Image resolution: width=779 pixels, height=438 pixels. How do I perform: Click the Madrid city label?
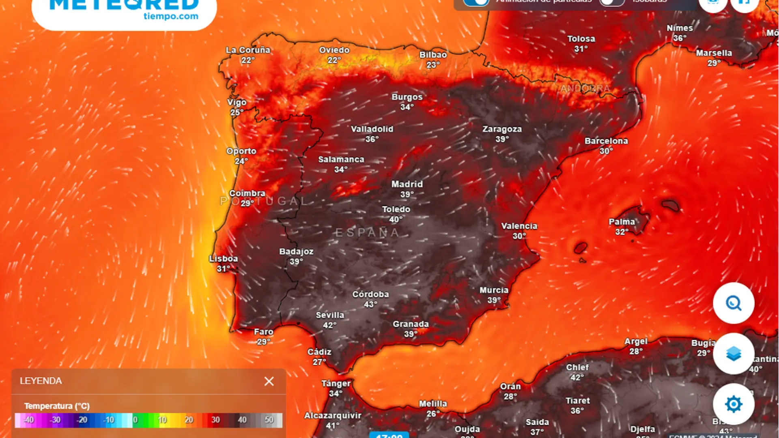(407, 184)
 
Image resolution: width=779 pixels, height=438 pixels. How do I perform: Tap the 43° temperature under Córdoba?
(370, 304)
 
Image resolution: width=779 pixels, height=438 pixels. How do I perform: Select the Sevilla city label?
(330, 315)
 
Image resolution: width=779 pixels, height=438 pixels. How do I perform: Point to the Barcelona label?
(606, 141)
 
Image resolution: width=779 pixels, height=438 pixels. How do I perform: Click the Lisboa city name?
(224, 259)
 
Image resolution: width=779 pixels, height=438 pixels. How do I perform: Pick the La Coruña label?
(248, 50)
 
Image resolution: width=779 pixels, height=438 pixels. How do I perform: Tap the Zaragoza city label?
(502, 129)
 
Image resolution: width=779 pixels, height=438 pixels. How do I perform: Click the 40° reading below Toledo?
(396, 219)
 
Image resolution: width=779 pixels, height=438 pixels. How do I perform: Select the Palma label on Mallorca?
(622, 222)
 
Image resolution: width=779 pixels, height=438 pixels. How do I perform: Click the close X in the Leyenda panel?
(269, 381)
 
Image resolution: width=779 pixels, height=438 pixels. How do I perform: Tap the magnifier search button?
(734, 303)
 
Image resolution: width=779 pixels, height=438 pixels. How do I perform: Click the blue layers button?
(734, 354)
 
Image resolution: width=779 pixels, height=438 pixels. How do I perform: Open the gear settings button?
(734, 404)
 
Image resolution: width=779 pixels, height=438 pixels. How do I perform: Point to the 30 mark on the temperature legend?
(215, 420)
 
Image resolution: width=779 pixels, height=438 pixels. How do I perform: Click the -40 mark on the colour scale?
(28, 420)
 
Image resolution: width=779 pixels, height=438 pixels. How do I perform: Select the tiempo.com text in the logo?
(171, 16)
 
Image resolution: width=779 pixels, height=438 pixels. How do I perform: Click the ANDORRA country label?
(585, 88)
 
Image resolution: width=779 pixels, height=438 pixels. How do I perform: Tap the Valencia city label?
(519, 226)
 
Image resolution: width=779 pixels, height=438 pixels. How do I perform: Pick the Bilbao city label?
(433, 55)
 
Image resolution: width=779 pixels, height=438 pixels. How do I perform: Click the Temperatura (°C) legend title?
(57, 406)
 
